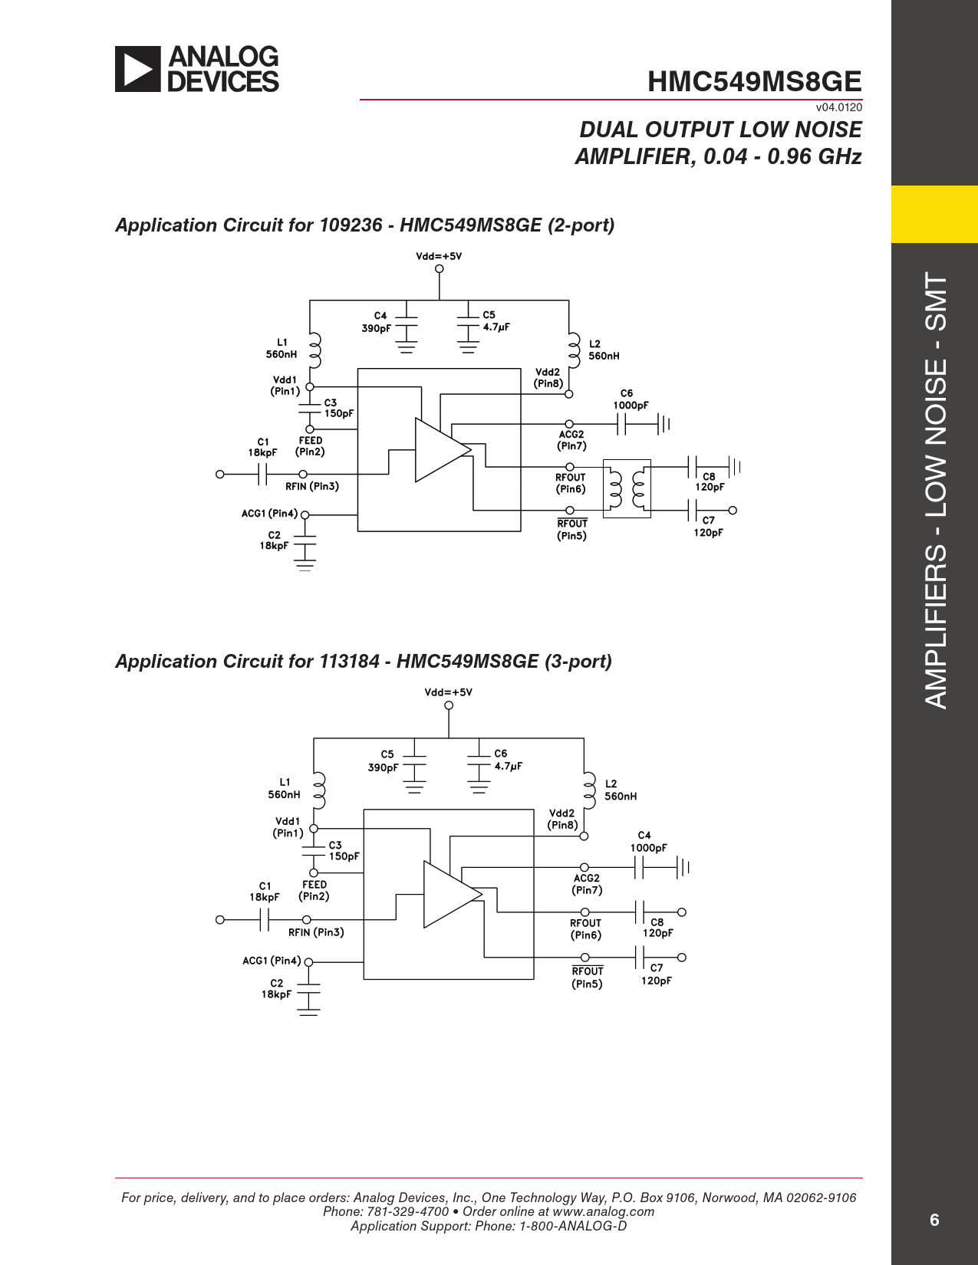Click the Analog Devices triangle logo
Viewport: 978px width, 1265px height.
tap(138, 69)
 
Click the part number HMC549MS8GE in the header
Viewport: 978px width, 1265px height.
tap(754, 82)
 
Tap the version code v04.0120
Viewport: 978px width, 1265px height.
tap(839, 107)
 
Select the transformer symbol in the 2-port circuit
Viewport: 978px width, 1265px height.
tap(627, 488)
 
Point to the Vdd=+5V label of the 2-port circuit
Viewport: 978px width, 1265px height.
tap(439, 256)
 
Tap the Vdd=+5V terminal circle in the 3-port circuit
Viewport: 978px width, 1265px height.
tap(449, 705)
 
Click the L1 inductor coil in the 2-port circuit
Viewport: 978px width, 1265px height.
tap(314, 350)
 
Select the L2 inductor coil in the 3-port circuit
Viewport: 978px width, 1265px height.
tap(588, 790)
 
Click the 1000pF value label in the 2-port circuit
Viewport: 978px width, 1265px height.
tap(631, 406)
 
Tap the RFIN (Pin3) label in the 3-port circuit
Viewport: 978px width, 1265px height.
tap(316, 932)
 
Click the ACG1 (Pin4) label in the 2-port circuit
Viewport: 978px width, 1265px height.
tap(269, 514)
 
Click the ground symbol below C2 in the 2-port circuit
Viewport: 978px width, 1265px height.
tap(305, 567)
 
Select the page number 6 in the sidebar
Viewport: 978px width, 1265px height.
tap(934, 1220)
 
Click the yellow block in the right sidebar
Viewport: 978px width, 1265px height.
tap(934, 214)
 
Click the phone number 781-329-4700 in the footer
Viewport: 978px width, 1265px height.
tap(408, 1211)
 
